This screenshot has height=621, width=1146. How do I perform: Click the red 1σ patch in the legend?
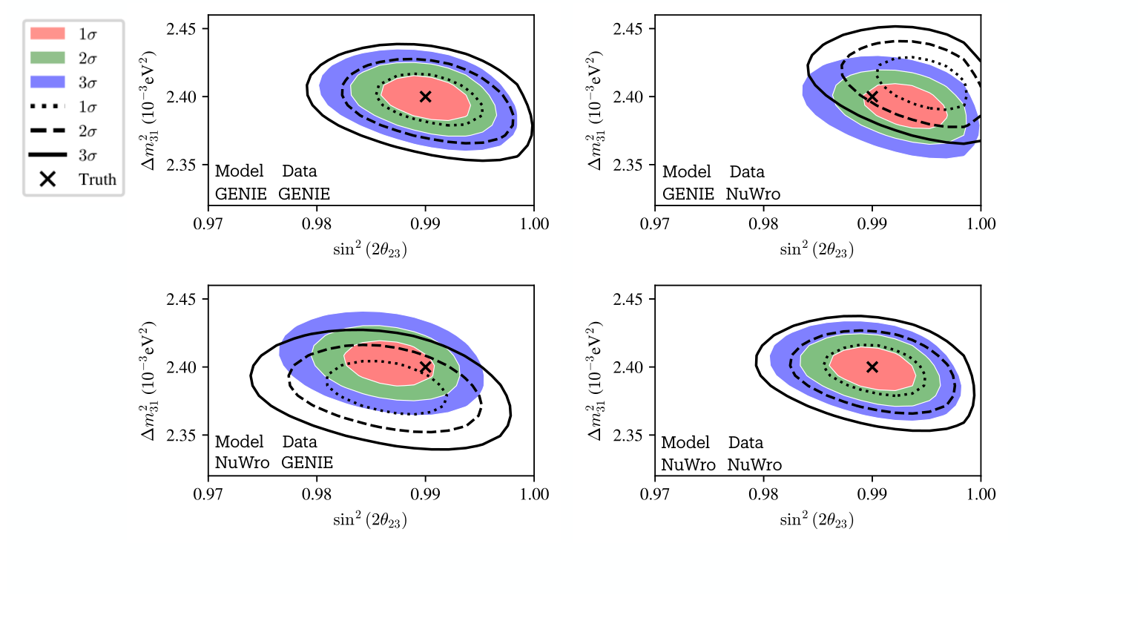tap(47, 34)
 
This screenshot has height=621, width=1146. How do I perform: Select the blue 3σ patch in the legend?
tap(47, 82)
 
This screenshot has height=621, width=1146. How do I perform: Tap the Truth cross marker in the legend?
tap(47, 180)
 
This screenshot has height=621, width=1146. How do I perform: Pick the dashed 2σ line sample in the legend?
tap(47, 131)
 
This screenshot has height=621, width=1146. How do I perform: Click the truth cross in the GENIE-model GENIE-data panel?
tap(425, 96)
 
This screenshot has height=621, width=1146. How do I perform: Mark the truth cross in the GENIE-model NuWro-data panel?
tap(872, 97)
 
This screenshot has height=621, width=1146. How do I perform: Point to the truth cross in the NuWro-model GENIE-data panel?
tap(425, 367)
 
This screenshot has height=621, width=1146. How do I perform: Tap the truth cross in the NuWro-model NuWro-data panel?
tap(872, 367)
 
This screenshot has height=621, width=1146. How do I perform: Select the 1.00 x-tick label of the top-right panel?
tap(981, 224)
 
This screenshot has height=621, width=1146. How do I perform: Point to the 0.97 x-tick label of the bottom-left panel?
tap(208, 495)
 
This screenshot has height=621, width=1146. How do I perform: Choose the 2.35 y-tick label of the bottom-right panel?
tap(630, 436)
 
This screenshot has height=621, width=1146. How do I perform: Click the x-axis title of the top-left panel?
tap(370, 250)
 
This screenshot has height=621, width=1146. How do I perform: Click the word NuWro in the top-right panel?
tap(753, 194)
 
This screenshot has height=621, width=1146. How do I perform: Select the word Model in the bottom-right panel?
tap(685, 442)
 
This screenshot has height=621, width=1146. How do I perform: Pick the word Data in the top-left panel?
tap(300, 171)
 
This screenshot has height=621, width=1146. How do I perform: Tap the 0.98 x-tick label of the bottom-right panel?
tap(764, 495)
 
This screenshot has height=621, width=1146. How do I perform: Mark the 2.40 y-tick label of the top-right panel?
tap(630, 97)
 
